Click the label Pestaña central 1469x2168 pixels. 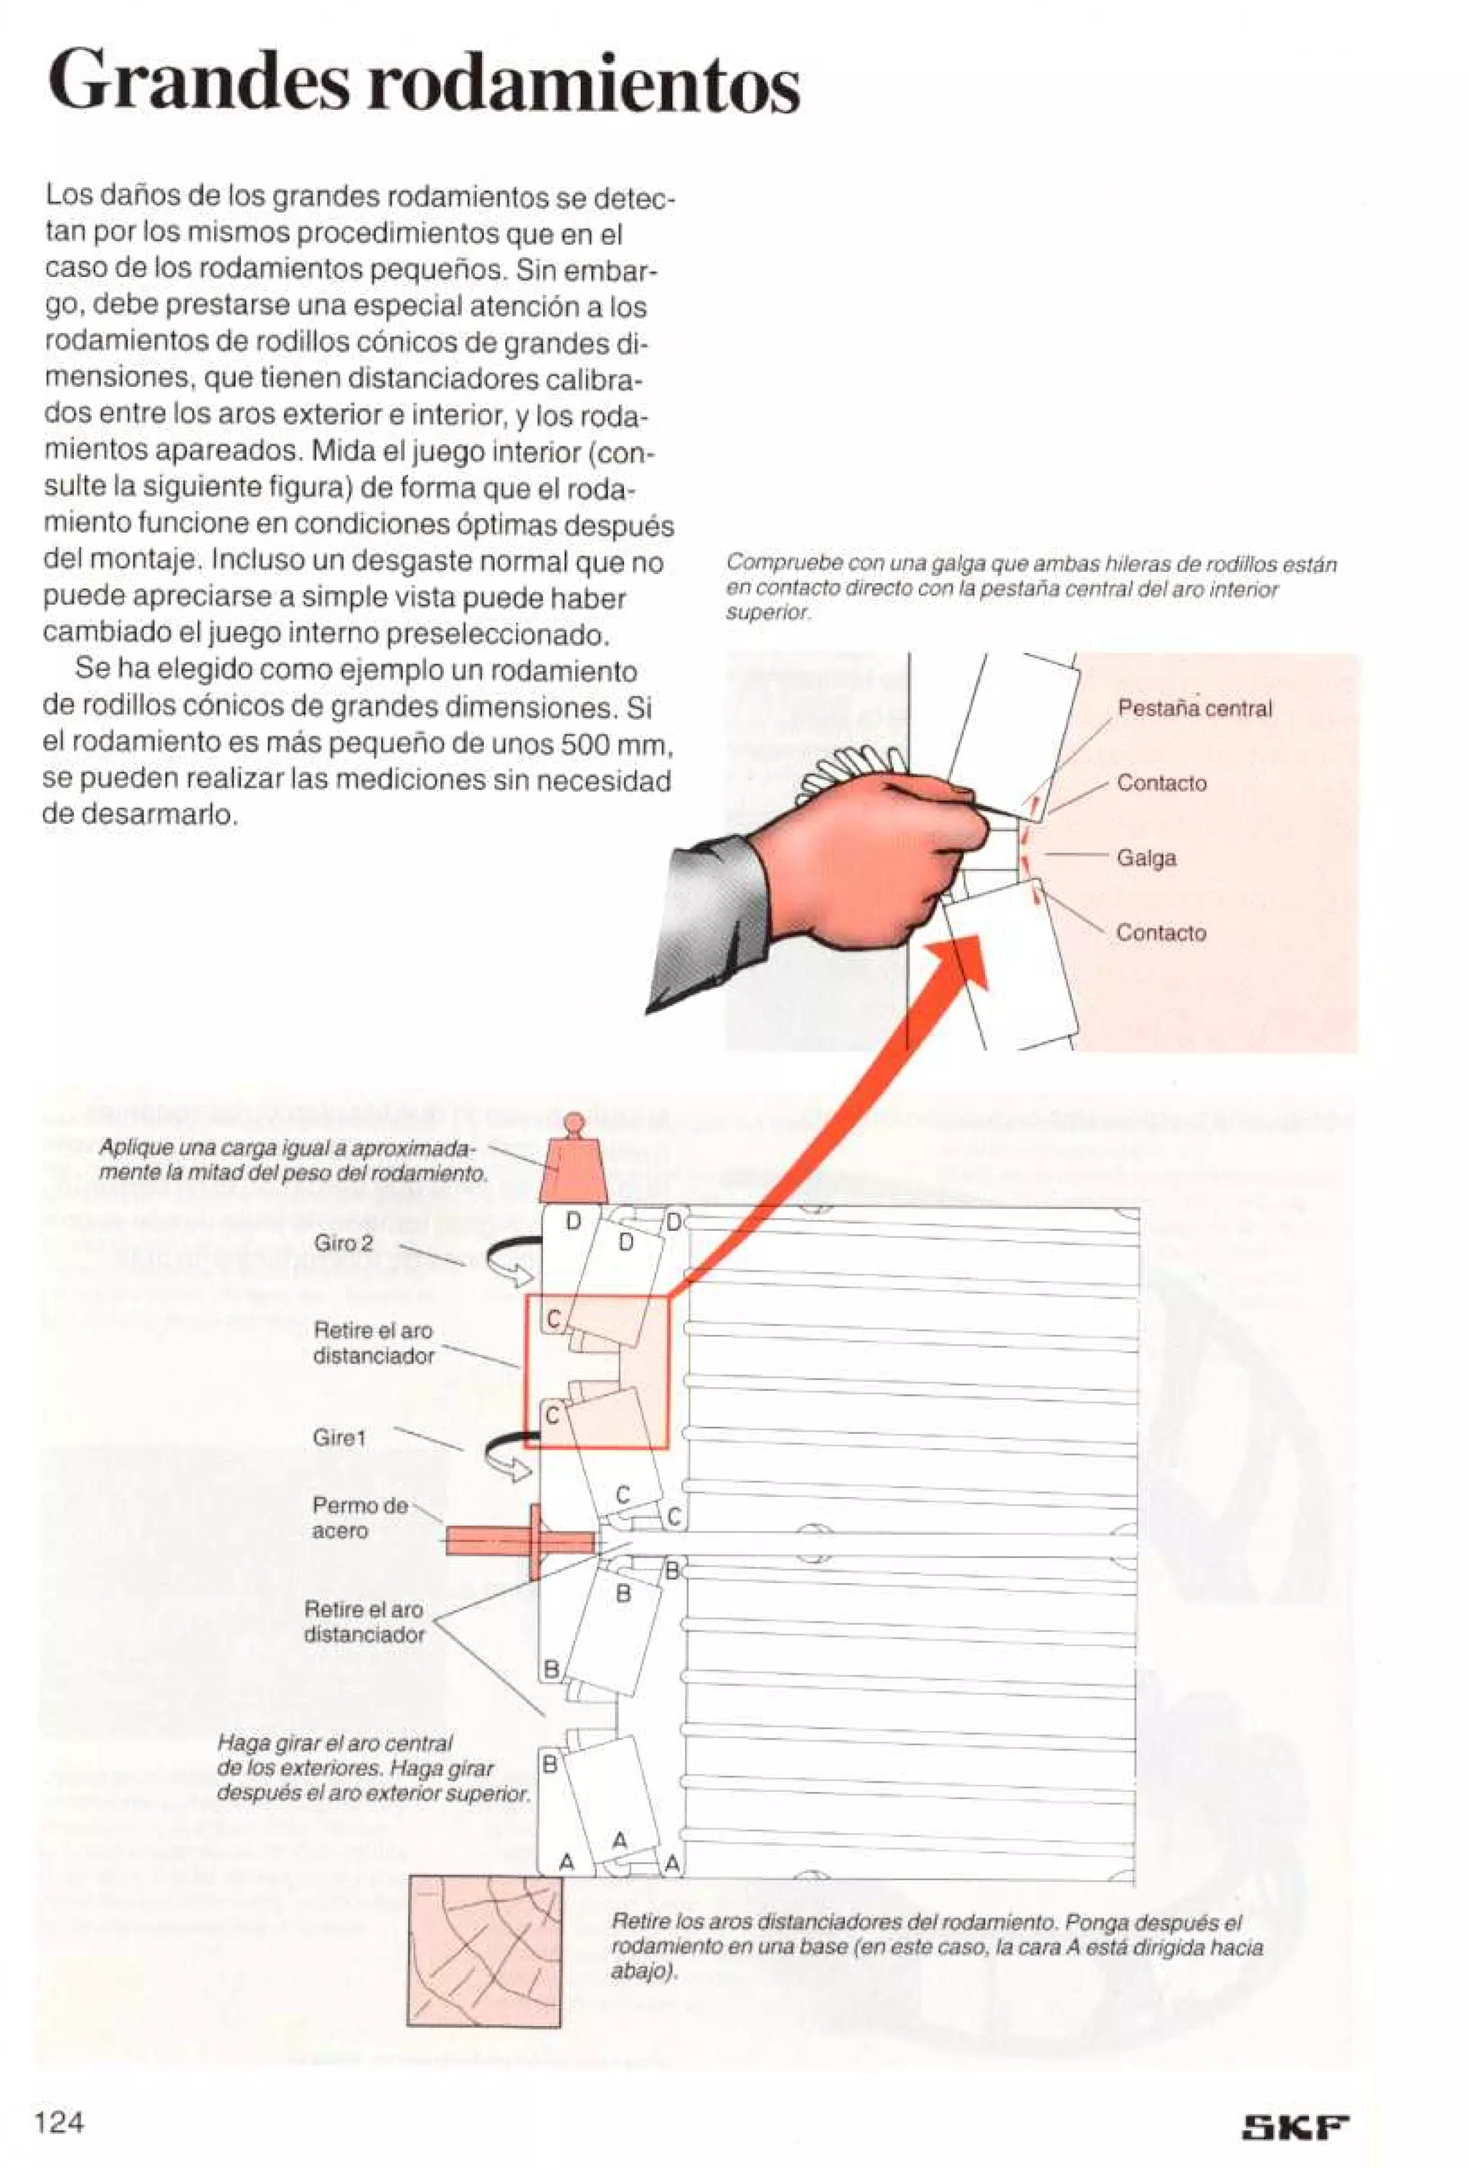click(1194, 708)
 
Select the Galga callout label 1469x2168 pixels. click(1146, 858)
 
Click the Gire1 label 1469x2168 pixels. click(339, 1437)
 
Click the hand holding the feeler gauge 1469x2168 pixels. click(858, 858)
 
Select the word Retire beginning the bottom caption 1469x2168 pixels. click(636, 1922)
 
